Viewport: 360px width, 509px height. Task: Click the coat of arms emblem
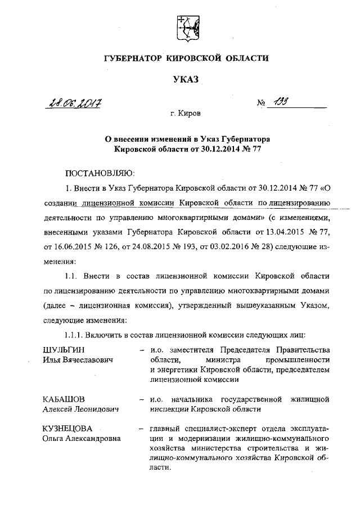pyautogui.click(x=186, y=28)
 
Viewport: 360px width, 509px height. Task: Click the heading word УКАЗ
pyautogui.click(x=186, y=81)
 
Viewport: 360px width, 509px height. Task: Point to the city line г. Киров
pyautogui.click(x=186, y=113)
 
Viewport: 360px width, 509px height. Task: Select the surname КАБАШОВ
pyautogui.click(x=64, y=399)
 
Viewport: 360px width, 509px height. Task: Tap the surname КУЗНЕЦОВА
pyautogui.click(x=67, y=428)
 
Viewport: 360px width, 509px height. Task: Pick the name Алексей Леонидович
pyautogui.click(x=80, y=409)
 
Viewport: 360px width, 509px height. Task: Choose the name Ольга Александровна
pyautogui.click(x=83, y=438)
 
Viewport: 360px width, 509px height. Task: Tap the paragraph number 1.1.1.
pyautogui.click(x=74, y=336)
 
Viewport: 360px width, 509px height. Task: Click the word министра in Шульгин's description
pyautogui.click(x=222, y=360)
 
